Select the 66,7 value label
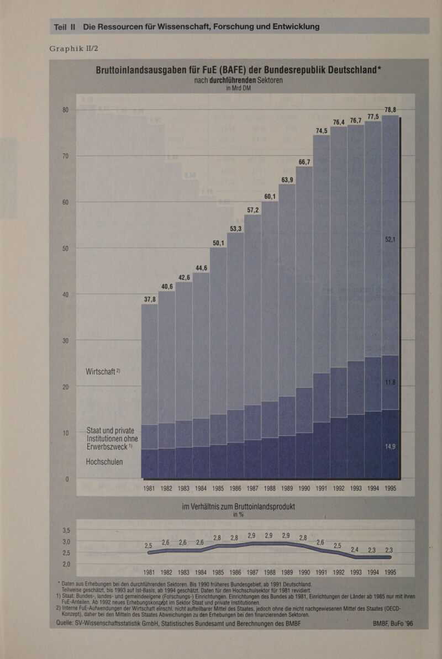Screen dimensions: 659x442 pos(304,162)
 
